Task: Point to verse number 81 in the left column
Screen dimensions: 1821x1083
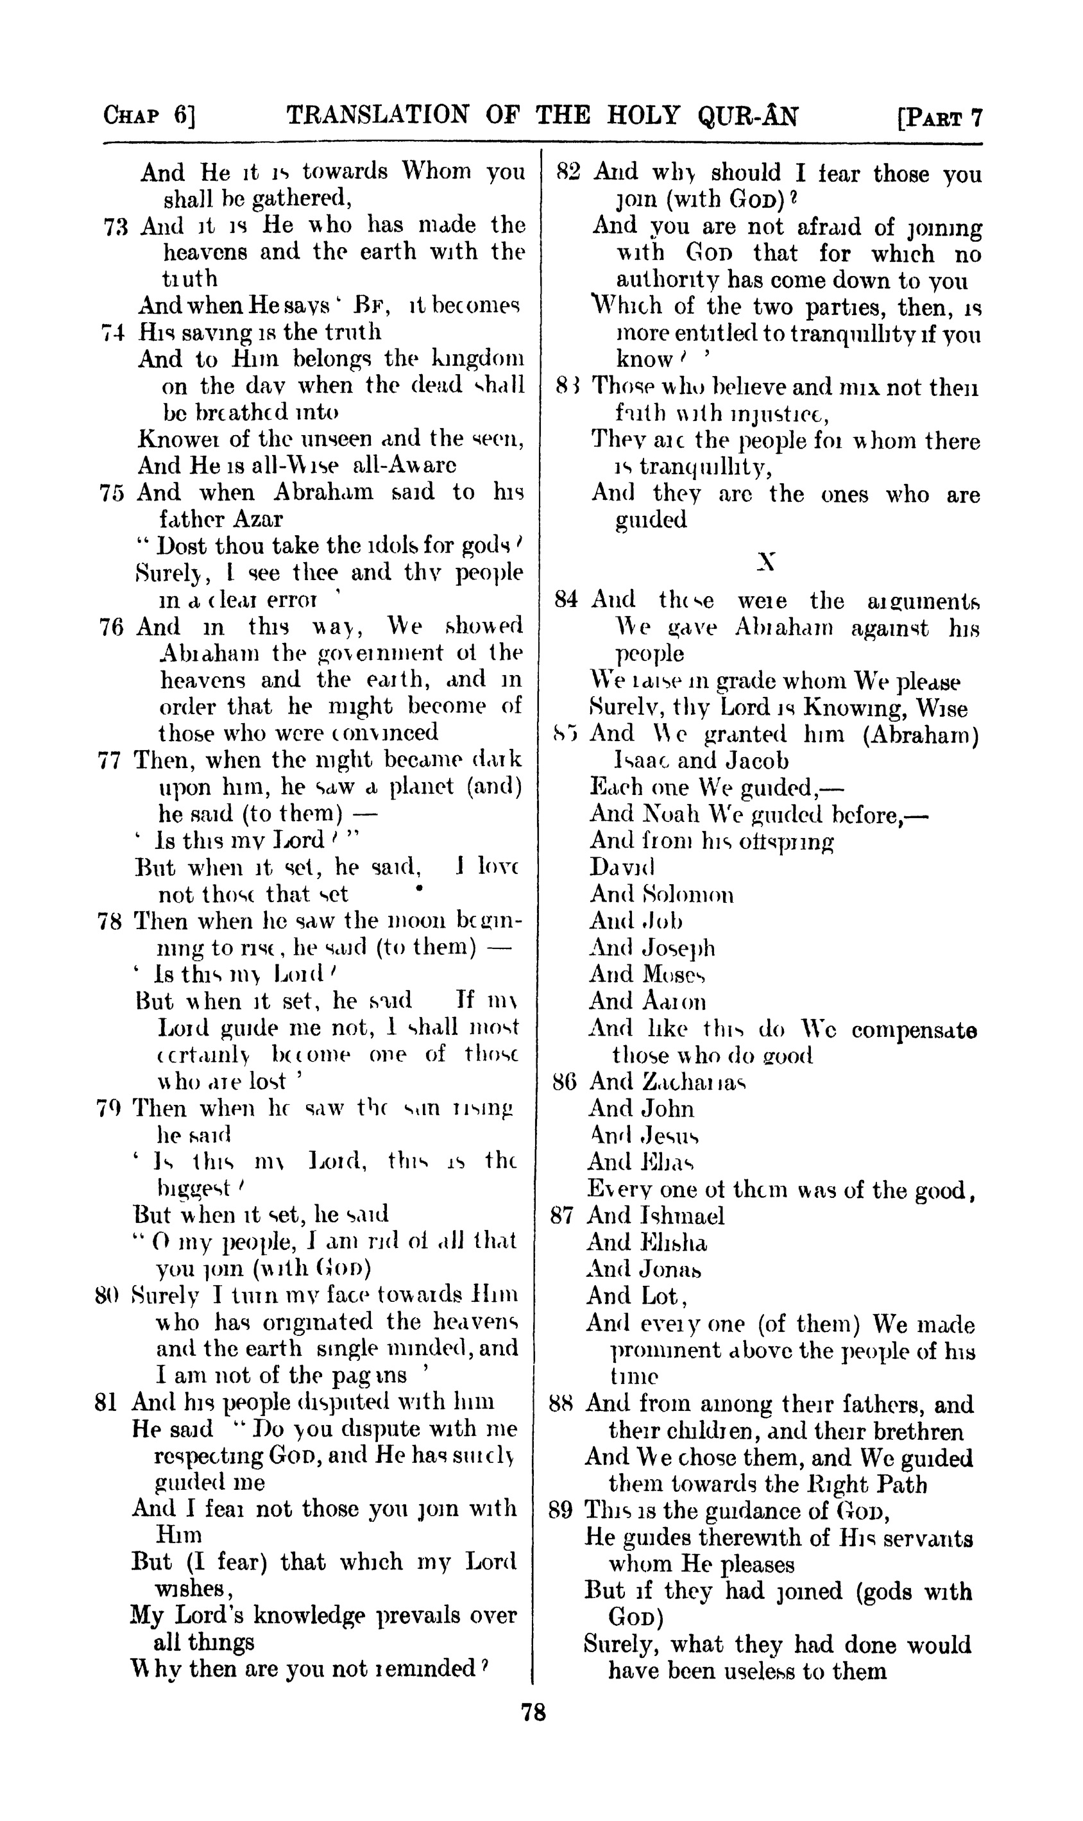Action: click(108, 1401)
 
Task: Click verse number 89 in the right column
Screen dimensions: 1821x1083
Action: click(561, 1510)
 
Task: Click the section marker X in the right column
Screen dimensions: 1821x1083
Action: click(765, 561)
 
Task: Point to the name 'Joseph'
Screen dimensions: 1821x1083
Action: click(678, 948)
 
